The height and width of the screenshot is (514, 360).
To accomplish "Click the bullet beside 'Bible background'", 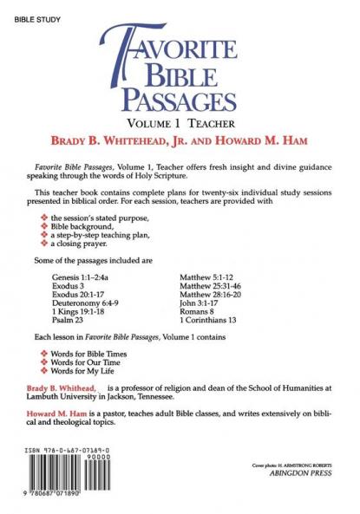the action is [43, 226].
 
